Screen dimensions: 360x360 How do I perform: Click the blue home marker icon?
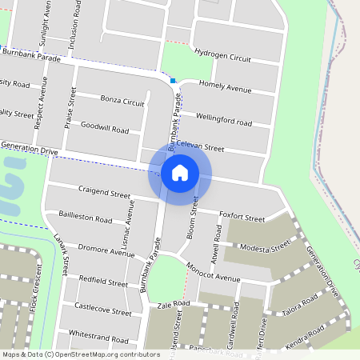click(180, 173)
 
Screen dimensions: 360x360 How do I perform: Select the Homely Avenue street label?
click(225, 86)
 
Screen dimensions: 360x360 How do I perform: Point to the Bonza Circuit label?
click(122, 102)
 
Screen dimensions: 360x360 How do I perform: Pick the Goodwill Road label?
click(104, 128)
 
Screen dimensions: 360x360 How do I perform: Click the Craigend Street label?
click(104, 194)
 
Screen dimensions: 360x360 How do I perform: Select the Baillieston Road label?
click(86, 217)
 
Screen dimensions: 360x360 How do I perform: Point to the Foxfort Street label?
click(242, 217)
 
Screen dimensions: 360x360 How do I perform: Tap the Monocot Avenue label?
click(211, 273)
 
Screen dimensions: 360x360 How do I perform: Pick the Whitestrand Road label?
click(98, 339)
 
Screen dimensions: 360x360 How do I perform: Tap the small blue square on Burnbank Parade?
click(173, 81)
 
